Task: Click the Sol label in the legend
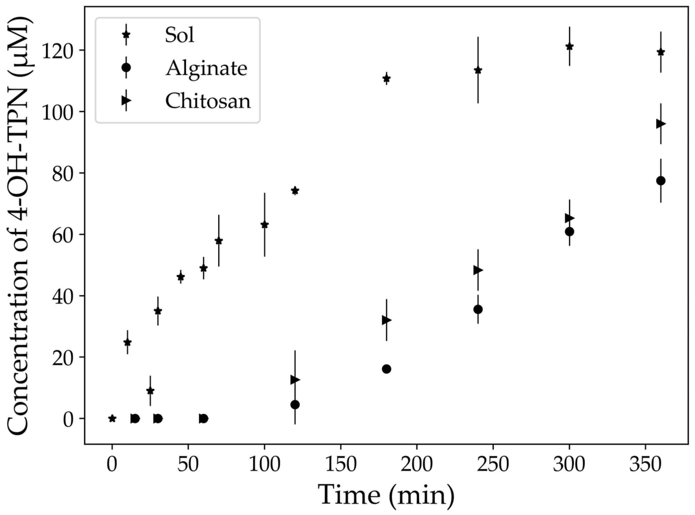[x=180, y=35]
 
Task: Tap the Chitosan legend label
[x=208, y=101]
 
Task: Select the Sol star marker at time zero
[x=112, y=418]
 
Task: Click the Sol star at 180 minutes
[x=386, y=78]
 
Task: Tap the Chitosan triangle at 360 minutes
[x=660, y=124]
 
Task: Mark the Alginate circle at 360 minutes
[x=660, y=181]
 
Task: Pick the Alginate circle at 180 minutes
[x=386, y=369]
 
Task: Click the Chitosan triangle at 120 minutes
[x=295, y=380]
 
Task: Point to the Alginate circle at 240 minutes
[x=478, y=309]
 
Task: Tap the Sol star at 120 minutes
[x=295, y=191]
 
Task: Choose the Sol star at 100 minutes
[x=264, y=225]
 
